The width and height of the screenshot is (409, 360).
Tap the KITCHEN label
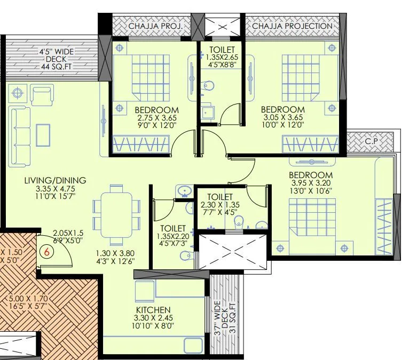(x=153, y=310)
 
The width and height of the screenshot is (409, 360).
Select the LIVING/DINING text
(x=55, y=180)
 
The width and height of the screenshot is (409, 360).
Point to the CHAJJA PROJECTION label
(x=292, y=26)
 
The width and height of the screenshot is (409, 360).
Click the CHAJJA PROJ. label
(x=155, y=26)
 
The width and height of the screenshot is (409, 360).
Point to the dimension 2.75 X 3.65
(x=157, y=118)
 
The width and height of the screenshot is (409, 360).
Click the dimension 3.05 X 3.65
(x=282, y=118)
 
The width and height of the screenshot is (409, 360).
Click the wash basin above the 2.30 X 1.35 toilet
(x=185, y=191)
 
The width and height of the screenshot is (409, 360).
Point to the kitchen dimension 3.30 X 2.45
(x=153, y=318)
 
